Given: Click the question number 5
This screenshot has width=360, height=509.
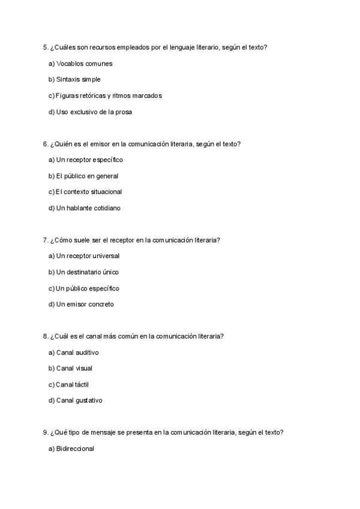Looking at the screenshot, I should [x=45, y=47].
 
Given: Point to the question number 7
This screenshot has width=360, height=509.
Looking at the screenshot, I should [x=45, y=240].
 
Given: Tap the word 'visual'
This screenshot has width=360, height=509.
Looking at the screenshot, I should [x=84, y=369].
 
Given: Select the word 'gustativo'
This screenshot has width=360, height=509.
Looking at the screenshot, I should [x=89, y=400].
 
